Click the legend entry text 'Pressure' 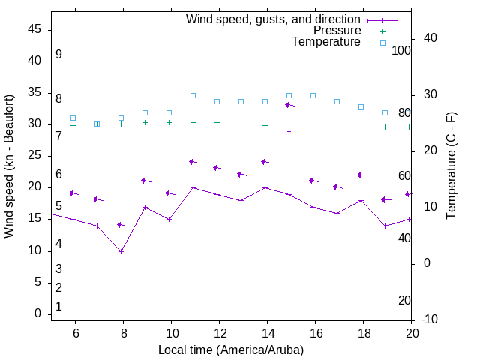pyautogui.click(x=337, y=31)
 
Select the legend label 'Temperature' pyautogui.click(x=326, y=42)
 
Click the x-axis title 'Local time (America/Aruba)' pyautogui.click(x=231, y=350)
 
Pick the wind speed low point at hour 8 pyautogui.click(x=121, y=251)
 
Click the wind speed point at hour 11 pyautogui.click(x=193, y=187)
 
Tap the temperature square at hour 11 pyautogui.click(x=193, y=96)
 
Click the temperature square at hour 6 pyautogui.click(x=73, y=118)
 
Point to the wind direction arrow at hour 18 pyautogui.click(x=362, y=175)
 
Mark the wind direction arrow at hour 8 pyautogui.click(x=121, y=225)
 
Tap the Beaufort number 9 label pyautogui.click(x=58, y=55)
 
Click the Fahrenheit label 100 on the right pyautogui.click(x=402, y=50)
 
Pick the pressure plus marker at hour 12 pyautogui.click(x=217, y=122)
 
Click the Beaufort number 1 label pyautogui.click(x=58, y=307)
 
